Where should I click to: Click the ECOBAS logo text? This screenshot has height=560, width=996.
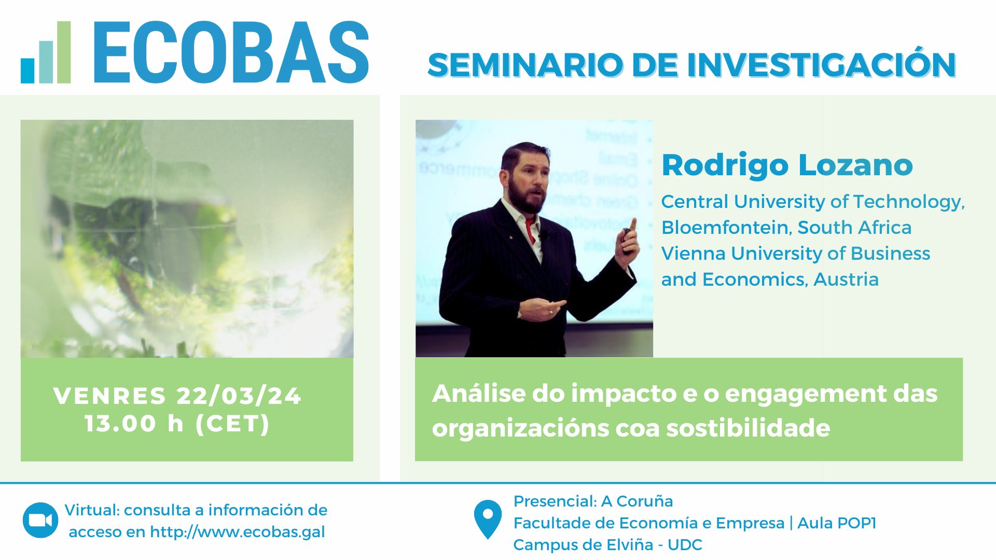click(231, 52)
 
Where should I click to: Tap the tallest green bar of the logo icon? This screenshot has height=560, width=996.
click(64, 52)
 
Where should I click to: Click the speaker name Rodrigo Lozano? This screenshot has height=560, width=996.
click(787, 165)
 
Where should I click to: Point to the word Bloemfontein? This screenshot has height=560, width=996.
click(726, 227)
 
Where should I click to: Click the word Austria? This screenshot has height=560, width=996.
click(846, 279)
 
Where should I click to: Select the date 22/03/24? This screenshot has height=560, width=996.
click(239, 396)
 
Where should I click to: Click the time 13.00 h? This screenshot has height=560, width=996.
click(134, 424)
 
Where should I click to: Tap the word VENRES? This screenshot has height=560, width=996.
click(109, 396)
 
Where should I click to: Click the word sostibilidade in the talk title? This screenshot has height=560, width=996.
click(748, 428)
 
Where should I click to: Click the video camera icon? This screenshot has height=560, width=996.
click(40, 520)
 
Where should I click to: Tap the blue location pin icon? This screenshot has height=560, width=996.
click(488, 519)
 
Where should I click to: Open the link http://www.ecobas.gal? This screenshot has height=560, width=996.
click(238, 531)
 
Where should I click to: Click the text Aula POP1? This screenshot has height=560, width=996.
click(836, 523)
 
